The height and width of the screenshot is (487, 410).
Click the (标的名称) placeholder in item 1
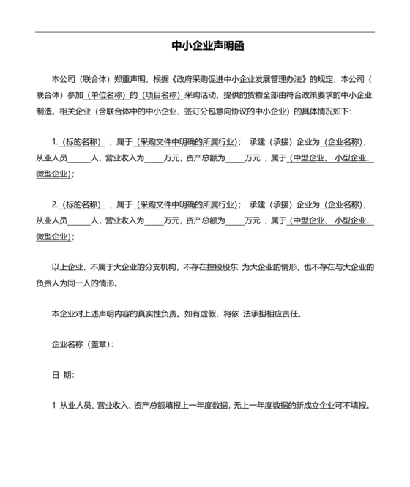82,142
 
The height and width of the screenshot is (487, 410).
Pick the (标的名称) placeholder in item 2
82,204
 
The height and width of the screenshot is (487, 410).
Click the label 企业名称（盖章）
82,343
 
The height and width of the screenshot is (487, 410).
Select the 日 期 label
62,374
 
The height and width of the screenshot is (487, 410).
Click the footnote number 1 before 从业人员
54,406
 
